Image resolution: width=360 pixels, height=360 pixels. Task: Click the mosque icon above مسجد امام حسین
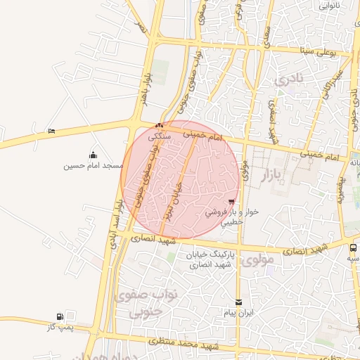tap(94, 155)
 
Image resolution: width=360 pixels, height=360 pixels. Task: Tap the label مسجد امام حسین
tap(94, 166)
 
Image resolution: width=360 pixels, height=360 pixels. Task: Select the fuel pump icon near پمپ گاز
tap(60, 317)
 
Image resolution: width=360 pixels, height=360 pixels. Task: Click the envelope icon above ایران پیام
tap(238, 302)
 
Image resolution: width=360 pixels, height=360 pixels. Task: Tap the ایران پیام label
tap(238, 311)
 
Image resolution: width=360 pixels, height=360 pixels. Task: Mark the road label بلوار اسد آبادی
tap(115, 224)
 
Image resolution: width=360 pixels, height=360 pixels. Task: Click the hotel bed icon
tap(51, 131)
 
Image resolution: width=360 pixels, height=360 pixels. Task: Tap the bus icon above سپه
tap(353, 248)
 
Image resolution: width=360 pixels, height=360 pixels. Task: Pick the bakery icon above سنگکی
tap(158, 126)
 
